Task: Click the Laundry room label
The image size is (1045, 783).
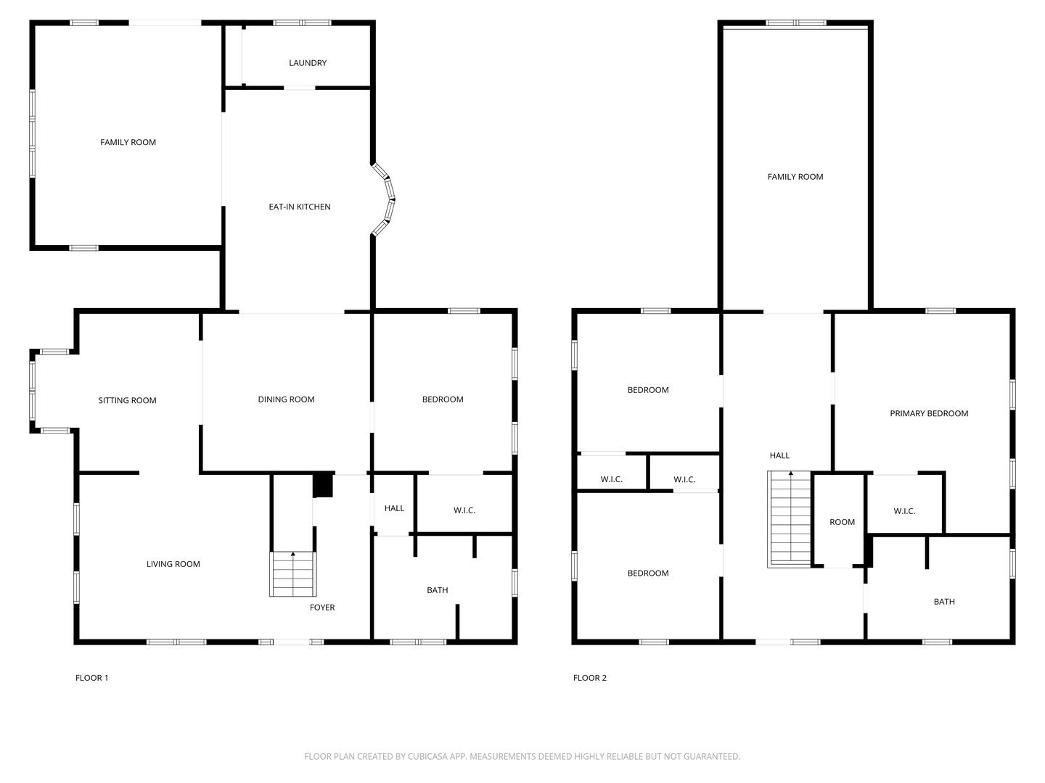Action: coord(308,63)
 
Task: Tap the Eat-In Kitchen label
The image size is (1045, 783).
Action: coord(300,207)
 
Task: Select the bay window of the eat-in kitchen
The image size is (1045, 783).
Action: coord(385,200)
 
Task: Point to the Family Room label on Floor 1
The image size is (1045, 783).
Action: coord(128,142)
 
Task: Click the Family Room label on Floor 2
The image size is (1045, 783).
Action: coord(795,177)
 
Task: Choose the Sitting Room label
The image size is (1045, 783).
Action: coord(127,400)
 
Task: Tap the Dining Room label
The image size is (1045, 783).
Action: coord(286,399)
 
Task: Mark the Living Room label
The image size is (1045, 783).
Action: coord(173,564)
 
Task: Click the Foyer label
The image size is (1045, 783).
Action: coord(322,608)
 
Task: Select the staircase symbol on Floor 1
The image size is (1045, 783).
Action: coord(293,573)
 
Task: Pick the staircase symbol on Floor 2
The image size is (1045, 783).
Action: coord(790,518)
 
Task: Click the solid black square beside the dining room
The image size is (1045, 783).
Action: coord(323,486)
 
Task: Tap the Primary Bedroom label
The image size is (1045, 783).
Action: coord(929,413)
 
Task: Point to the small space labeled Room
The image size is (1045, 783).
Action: coord(842,522)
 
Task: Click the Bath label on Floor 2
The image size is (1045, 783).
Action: coord(944,602)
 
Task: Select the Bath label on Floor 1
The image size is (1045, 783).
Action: coord(437,590)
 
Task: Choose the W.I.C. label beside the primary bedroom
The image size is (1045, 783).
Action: coord(904,511)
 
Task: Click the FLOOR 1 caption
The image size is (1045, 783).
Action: coord(92,678)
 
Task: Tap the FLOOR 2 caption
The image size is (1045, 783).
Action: coord(590,678)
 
